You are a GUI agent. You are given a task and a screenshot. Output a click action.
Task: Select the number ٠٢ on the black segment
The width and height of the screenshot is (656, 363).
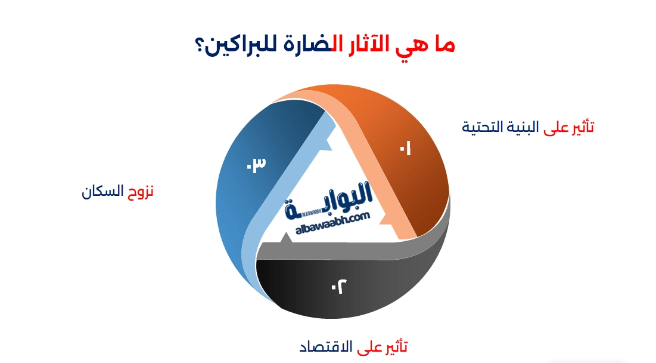tap(338, 286)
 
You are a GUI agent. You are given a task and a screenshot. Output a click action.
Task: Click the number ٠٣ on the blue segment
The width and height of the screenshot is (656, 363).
tap(255, 164)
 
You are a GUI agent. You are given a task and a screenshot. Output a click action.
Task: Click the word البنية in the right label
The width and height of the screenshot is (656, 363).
tap(524, 127)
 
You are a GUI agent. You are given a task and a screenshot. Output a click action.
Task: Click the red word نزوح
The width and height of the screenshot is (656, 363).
tap(141, 191)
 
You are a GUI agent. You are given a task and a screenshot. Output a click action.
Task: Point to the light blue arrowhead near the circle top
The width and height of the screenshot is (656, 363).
tap(327, 125)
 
